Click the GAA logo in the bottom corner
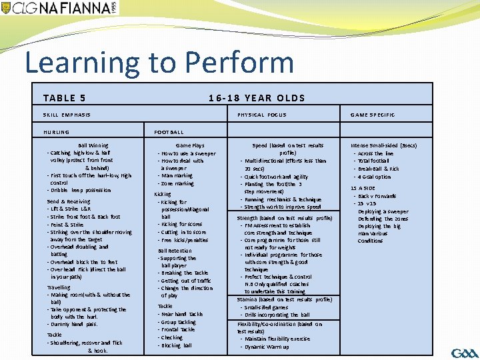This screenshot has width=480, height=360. pyautogui.click(x=460, y=352)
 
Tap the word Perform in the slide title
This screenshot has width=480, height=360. pyautogui.click(x=239, y=63)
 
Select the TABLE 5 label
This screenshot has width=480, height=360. pyautogui.click(x=64, y=98)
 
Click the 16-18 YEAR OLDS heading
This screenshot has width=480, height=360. pyautogui.click(x=257, y=98)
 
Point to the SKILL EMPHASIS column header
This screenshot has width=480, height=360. pyautogui.click(x=67, y=115)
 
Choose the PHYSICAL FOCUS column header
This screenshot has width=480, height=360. pyautogui.click(x=262, y=115)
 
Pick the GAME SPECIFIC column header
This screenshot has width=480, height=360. pyautogui.click(x=373, y=115)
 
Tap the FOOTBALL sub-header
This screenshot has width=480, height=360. pyautogui.click(x=169, y=132)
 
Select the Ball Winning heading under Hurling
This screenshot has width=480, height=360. pyautogui.click(x=93, y=145)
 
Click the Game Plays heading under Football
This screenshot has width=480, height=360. pyautogui.click(x=190, y=145)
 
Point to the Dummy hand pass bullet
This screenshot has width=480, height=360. pyautogui.click(x=73, y=324)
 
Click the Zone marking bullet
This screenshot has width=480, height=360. pyautogui.click(x=177, y=183)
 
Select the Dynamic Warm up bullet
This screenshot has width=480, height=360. pyautogui.click(x=267, y=347)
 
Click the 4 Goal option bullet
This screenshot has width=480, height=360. pyautogui.click(x=374, y=177)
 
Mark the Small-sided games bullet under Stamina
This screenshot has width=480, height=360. pyautogui.click(x=267, y=307)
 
